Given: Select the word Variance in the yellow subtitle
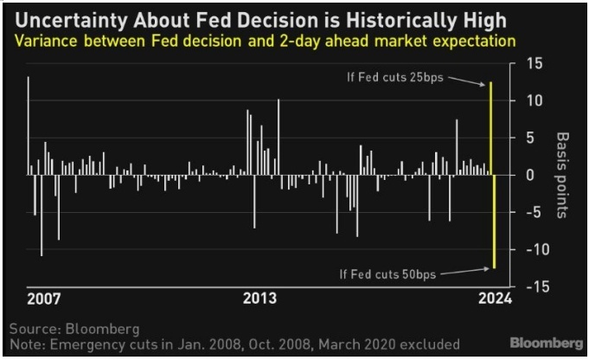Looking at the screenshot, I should point(39,41).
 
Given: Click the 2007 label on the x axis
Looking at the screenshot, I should point(44,299).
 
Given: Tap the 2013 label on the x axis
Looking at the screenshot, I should point(259,299).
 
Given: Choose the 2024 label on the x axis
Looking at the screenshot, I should point(495,299).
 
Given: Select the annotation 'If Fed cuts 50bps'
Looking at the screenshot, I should point(388,274).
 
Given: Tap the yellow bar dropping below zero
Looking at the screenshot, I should point(494,222).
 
